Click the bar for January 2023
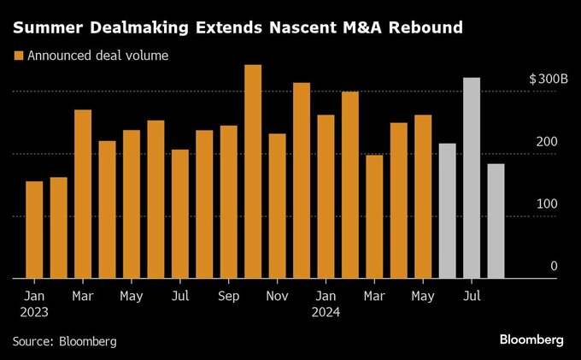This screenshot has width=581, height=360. pos(34,229)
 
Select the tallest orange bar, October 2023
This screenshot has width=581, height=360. pos(253,171)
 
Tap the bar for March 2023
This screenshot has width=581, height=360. pos(83,193)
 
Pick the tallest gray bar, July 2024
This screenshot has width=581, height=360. pos(472,178)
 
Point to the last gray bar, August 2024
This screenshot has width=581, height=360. pos(496,221)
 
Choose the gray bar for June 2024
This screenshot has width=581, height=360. pos(447,210)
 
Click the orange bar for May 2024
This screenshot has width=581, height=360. pos(423,196)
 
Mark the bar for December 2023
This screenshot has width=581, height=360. pos(302,180)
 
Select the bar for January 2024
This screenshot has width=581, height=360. pos(326,196)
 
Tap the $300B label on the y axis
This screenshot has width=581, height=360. pos(549,79)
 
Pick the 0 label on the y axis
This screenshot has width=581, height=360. pos(554,267)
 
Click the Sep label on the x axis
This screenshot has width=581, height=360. pos(228,296)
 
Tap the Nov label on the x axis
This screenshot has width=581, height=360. pos(277,296)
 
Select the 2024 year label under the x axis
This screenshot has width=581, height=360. pos(326,312)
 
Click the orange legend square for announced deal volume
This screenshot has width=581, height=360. pos(18,56)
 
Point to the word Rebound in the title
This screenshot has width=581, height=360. pos(424,27)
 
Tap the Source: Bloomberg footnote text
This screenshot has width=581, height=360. pos(64,341)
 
